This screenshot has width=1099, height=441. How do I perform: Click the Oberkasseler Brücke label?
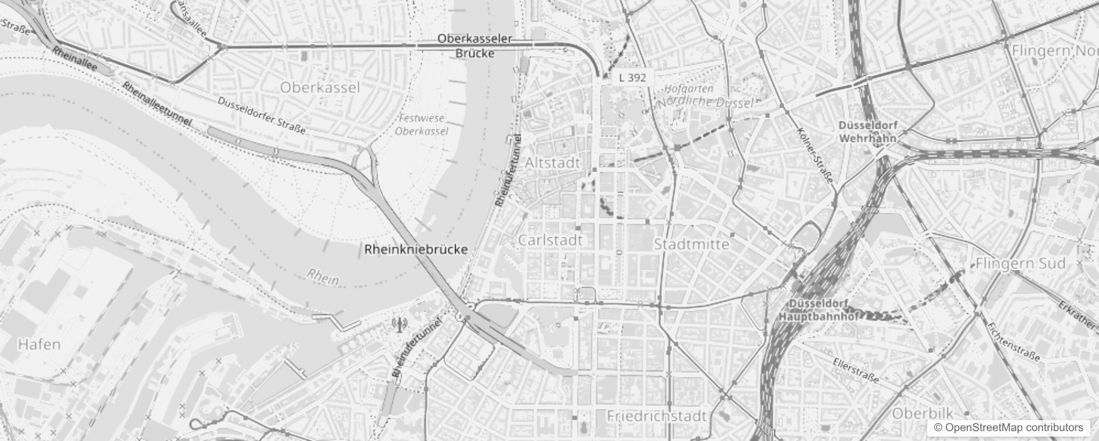[x=475, y=46]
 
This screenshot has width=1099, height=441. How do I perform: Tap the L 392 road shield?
[x=632, y=78]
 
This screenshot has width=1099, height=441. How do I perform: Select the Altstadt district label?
[x=552, y=163]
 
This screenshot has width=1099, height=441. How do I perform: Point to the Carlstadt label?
[x=550, y=240]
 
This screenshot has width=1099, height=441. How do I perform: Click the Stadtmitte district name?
[x=691, y=244]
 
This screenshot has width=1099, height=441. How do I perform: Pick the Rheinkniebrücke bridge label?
[x=416, y=249]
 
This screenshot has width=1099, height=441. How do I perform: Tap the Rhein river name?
[x=323, y=278]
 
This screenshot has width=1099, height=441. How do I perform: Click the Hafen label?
[x=39, y=345]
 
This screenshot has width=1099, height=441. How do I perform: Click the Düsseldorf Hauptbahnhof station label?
[x=819, y=310]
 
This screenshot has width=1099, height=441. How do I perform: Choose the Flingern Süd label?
[x=1020, y=263]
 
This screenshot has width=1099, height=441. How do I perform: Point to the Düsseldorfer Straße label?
[x=261, y=115]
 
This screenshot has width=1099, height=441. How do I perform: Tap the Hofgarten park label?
[x=688, y=88]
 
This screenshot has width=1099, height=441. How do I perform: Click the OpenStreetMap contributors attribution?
[x=1006, y=427]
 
